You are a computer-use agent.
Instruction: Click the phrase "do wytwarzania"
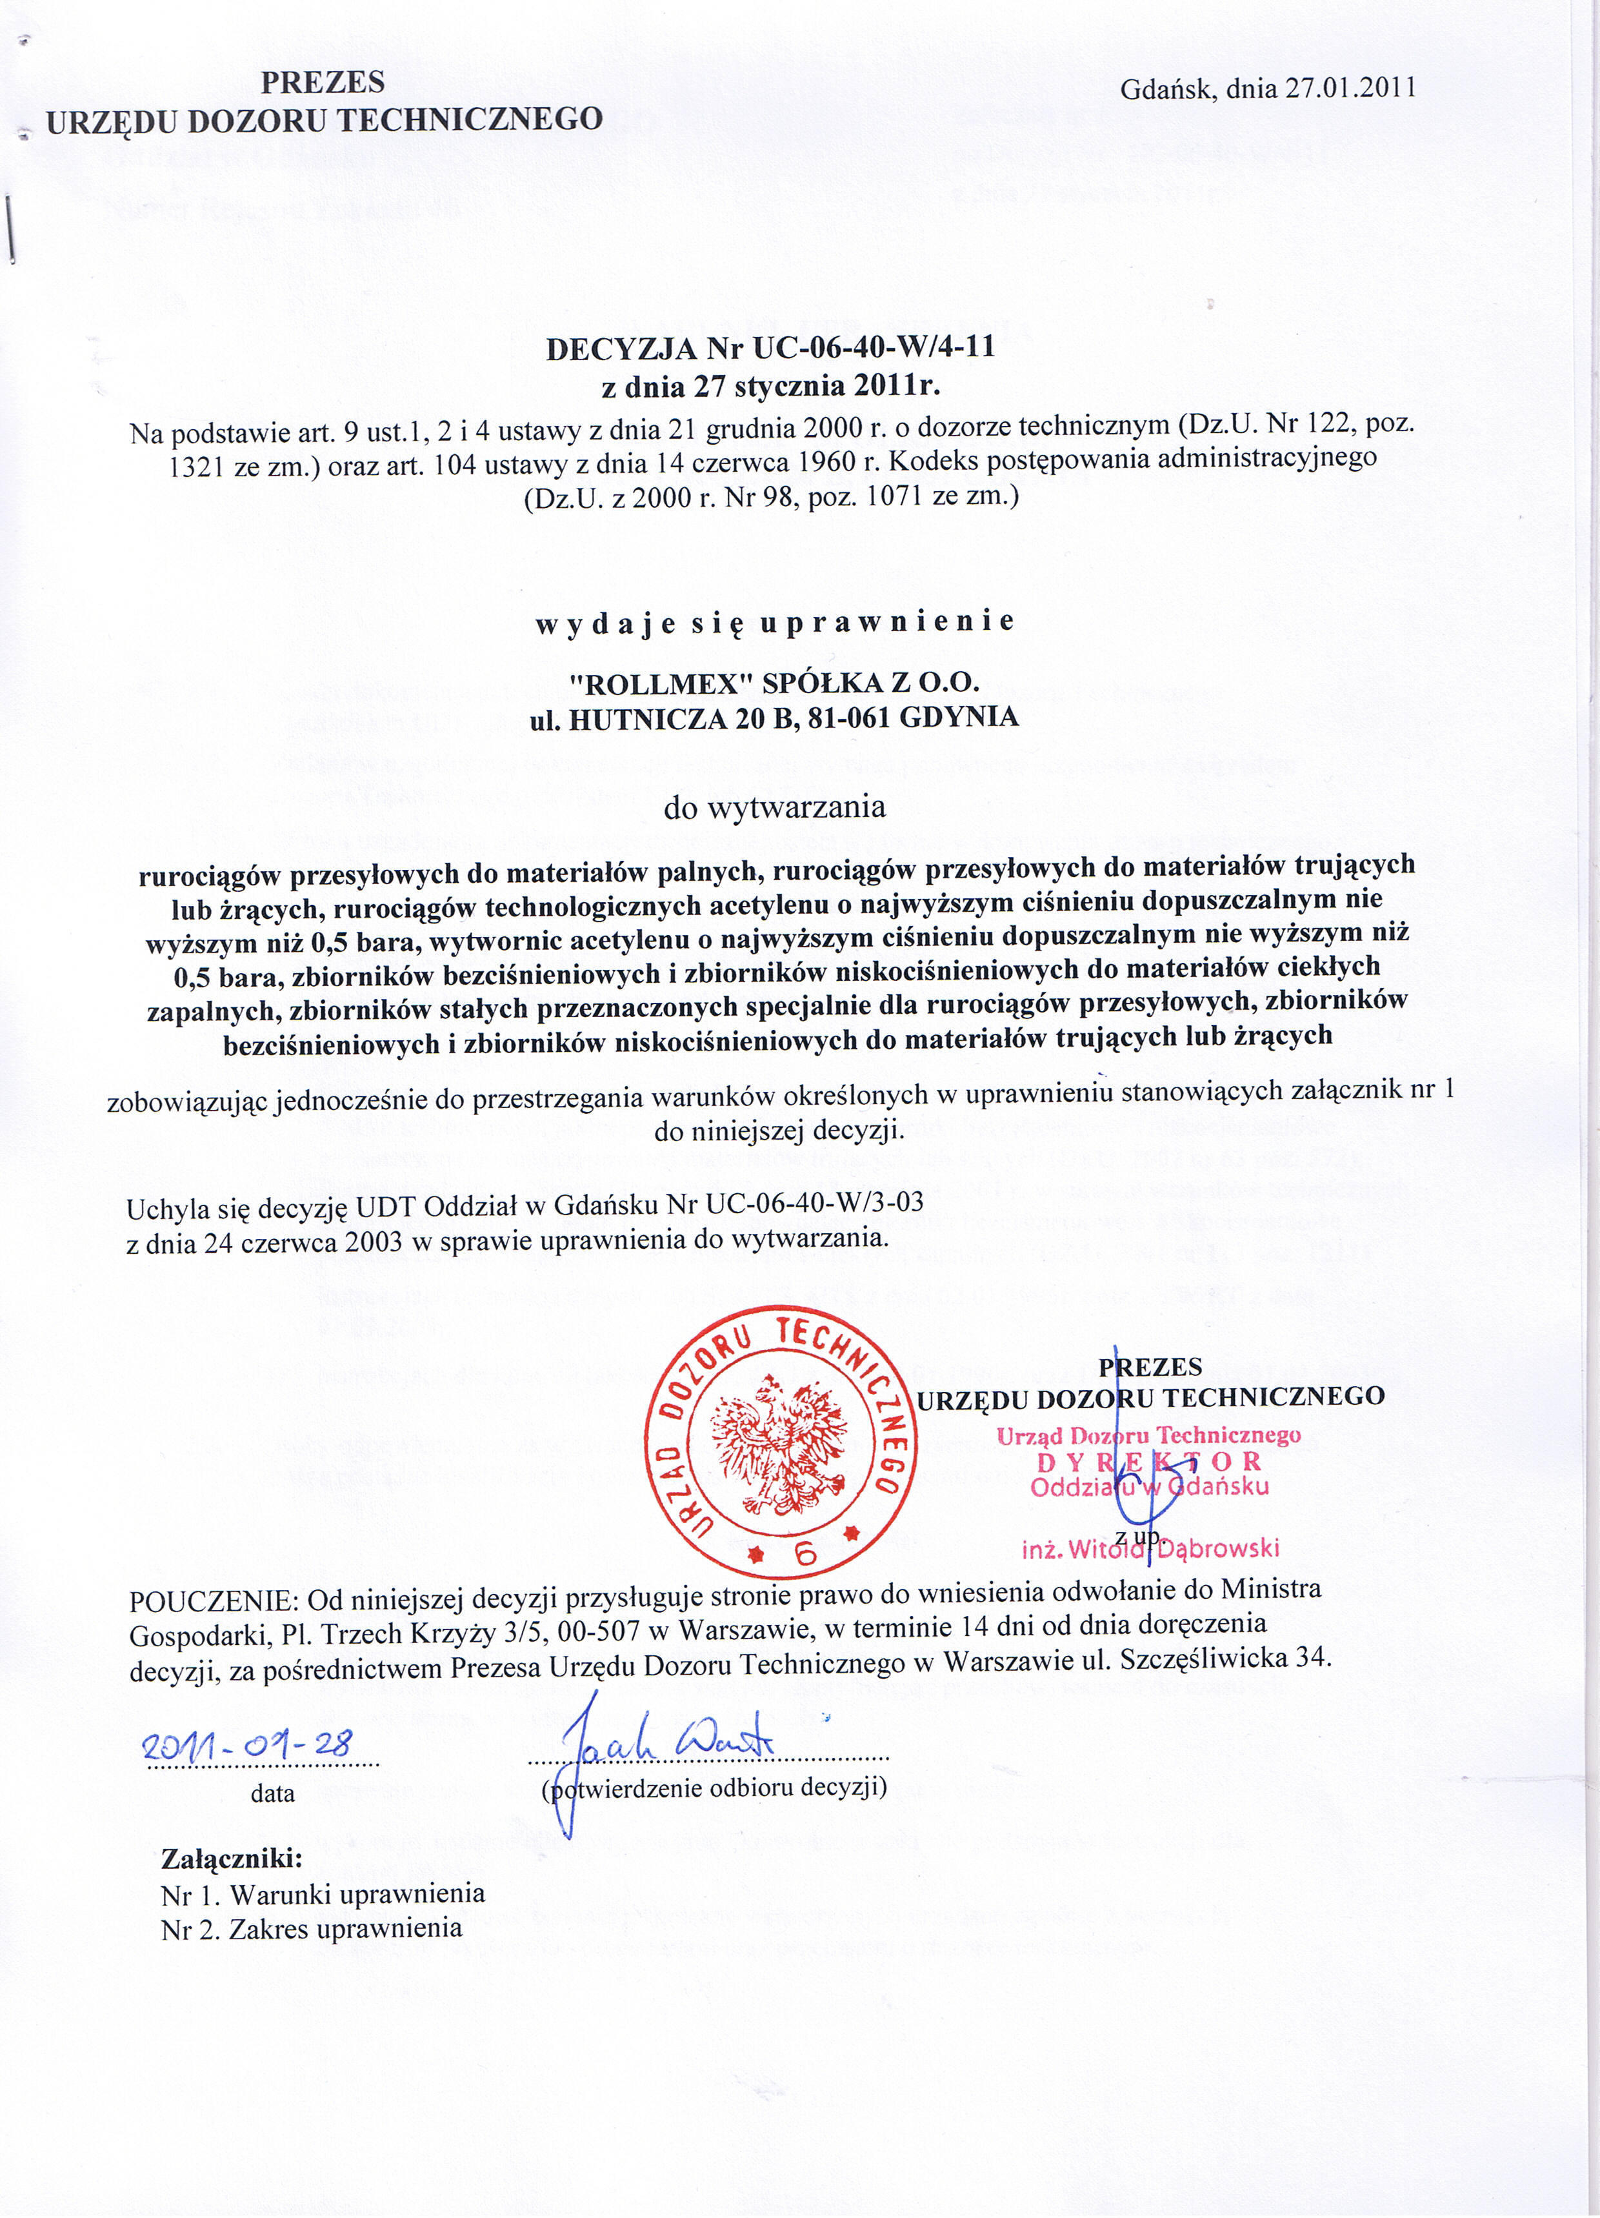tap(775, 808)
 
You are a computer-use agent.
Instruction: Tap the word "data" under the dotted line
tap(273, 1793)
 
